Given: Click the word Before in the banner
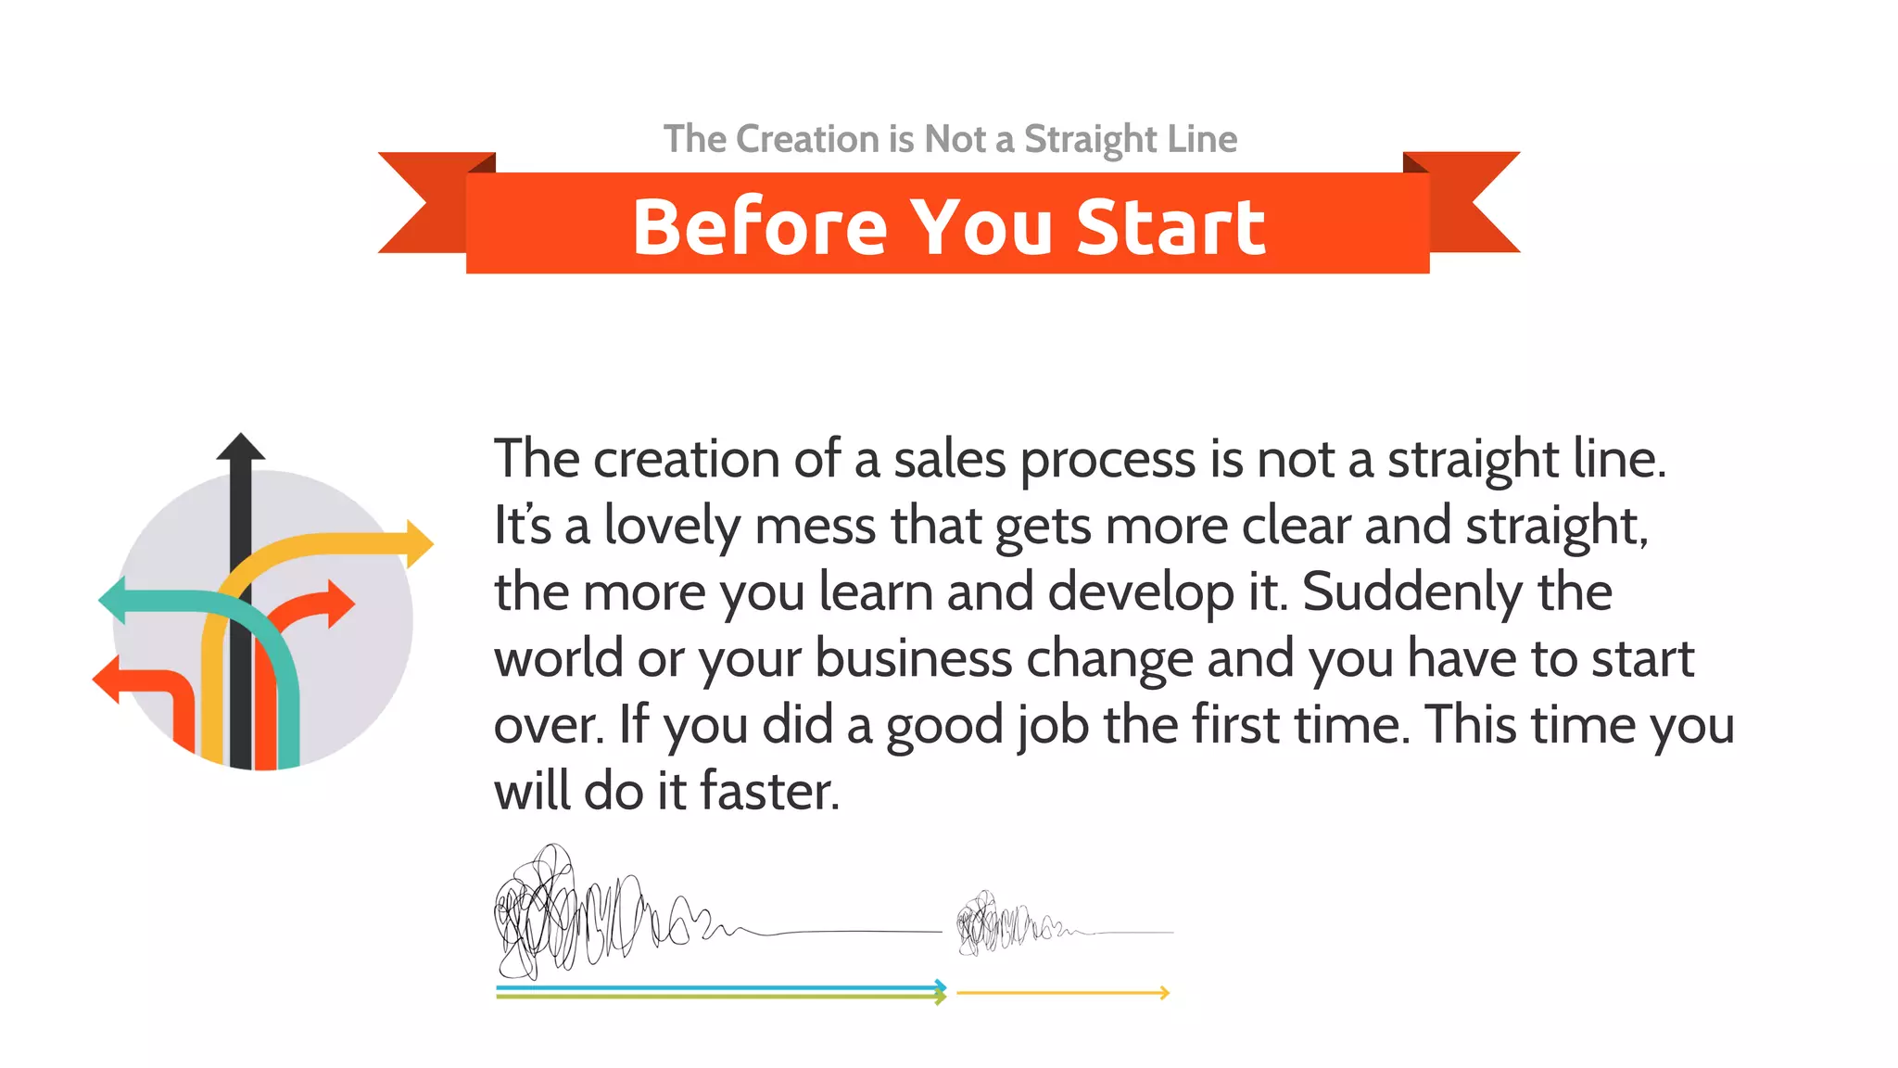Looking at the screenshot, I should [760, 226].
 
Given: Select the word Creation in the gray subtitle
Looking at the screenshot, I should [807, 139].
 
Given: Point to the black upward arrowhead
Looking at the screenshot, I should [241, 447].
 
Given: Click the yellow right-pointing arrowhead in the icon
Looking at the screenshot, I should [419, 543].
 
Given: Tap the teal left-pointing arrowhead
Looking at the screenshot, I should [113, 600].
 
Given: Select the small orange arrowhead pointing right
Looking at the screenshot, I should [339, 604].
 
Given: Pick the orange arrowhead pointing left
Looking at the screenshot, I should [108, 680].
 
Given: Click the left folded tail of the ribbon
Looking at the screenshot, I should [422, 204].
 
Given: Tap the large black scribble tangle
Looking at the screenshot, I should [556, 913].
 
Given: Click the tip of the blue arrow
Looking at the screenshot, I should [942, 986].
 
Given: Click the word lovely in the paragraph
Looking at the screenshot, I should [671, 526].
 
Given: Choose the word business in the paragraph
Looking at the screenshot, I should [913, 658].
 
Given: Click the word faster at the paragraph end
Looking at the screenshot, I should [768, 792].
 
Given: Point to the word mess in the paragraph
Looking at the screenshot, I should [815, 526].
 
